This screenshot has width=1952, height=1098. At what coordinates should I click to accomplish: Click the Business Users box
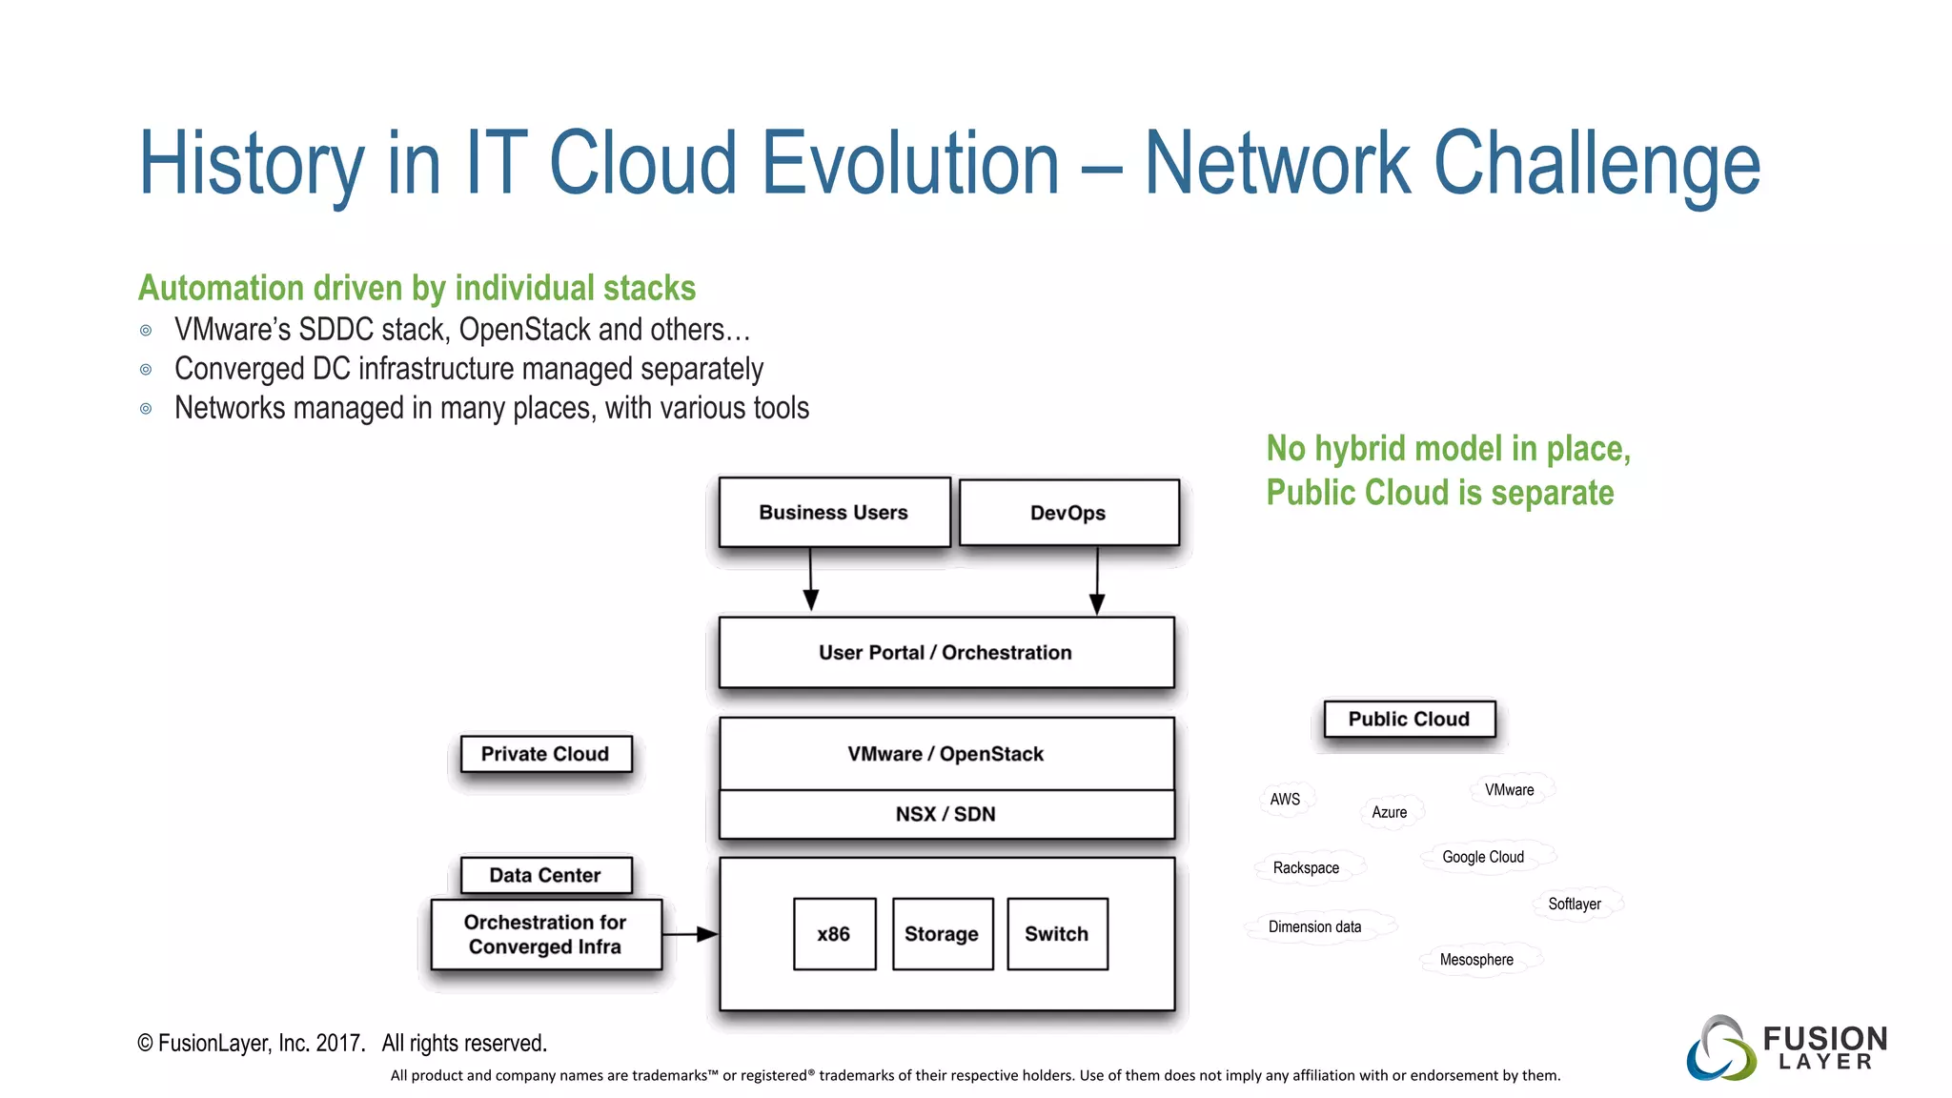[x=834, y=513]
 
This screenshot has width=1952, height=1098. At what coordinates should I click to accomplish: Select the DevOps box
[x=1068, y=513]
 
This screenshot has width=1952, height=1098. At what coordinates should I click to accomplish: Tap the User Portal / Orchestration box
[x=945, y=653]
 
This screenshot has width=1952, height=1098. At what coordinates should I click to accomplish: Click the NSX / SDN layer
[x=945, y=815]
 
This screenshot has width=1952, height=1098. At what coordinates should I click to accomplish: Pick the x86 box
[x=834, y=934]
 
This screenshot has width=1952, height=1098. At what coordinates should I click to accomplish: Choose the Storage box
[x=942, y=934]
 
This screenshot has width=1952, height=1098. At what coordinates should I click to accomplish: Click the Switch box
[x=1057, y=934]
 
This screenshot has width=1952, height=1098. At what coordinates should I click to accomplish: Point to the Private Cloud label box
[x=545, y=754]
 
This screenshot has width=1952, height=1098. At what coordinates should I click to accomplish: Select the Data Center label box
[x=545, y=875]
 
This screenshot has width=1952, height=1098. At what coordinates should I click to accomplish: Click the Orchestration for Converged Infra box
[x=545, y=935]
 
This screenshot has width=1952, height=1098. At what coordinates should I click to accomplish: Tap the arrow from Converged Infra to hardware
[x=690, y=934]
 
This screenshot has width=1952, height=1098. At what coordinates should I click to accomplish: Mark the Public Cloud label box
[x=1409, y=720]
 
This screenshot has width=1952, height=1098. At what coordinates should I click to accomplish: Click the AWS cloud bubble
[x=1285, y=799]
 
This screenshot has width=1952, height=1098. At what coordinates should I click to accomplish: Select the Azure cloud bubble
[x=1390, y=812]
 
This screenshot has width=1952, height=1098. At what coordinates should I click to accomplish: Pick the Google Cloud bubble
[x=1483, y=857]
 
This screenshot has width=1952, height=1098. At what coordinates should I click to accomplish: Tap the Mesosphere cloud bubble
[x=1476, y=960]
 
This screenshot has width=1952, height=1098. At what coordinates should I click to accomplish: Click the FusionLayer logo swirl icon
[x=1721, y=1048]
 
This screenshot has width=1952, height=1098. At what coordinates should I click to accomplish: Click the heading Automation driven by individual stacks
[x=417, y=288]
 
